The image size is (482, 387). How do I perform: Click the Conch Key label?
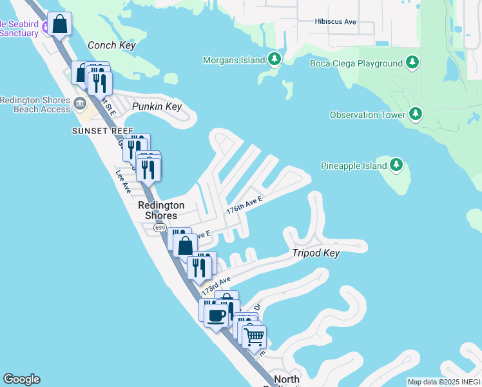111,46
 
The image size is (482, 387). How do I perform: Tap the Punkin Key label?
157,107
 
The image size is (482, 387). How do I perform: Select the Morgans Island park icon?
275,60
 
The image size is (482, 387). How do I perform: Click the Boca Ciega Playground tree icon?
412,63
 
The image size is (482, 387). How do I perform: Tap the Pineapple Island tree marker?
396,166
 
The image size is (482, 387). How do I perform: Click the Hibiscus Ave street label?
336,21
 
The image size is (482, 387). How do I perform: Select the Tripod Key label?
316,253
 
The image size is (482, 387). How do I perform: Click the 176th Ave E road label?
244,205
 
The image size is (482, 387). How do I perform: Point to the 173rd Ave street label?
215,286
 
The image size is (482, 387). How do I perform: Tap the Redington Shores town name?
161,210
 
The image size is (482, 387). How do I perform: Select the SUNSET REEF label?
94,130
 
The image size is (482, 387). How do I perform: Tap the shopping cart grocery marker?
255,336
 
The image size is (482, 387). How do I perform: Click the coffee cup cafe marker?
215,314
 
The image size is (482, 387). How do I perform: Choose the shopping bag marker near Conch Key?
59,25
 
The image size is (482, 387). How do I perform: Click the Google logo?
21,379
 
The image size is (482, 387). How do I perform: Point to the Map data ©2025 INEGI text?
443,382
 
